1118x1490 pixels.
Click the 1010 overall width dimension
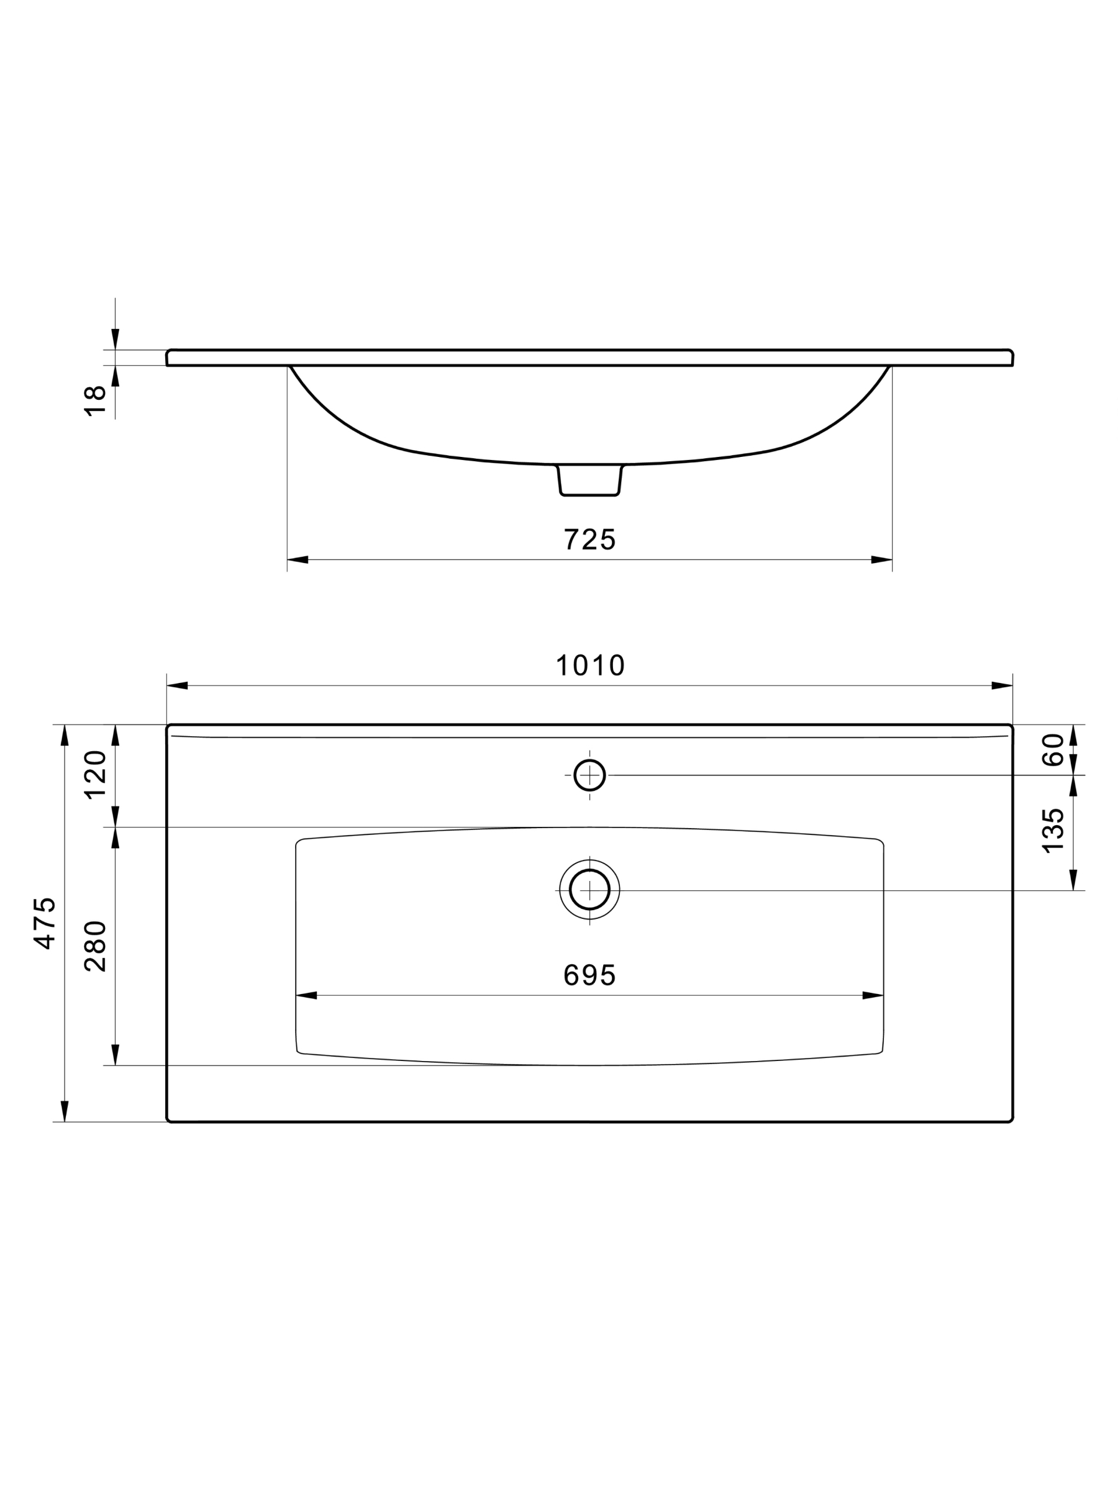[x=590, y=666]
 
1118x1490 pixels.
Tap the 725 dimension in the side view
[x=589, y=540]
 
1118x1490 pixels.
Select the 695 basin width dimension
[x=589, y=975]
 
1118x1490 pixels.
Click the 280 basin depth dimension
[x=95, y=946]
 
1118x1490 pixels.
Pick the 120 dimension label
[x=95, y=775]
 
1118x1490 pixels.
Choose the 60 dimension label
[x=1053, y=750]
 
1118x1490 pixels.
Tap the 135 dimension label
[x=1053, y=831]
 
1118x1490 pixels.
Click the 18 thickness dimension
[x=95, y=402]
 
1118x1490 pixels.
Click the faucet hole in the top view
[x=589, y=775]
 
